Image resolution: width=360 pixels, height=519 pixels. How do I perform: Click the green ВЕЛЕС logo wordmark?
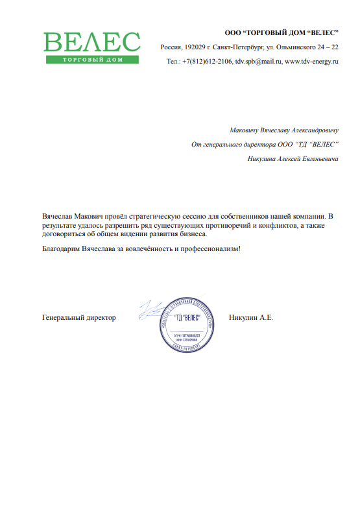point(91,42)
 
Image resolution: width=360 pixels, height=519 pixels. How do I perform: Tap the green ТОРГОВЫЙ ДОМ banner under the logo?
point(91,60)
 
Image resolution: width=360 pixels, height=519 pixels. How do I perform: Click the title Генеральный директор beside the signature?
point(78,318)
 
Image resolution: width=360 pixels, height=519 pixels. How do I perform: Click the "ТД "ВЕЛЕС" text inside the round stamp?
point(187,318)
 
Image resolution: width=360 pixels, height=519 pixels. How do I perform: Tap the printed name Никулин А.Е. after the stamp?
point(251,318)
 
